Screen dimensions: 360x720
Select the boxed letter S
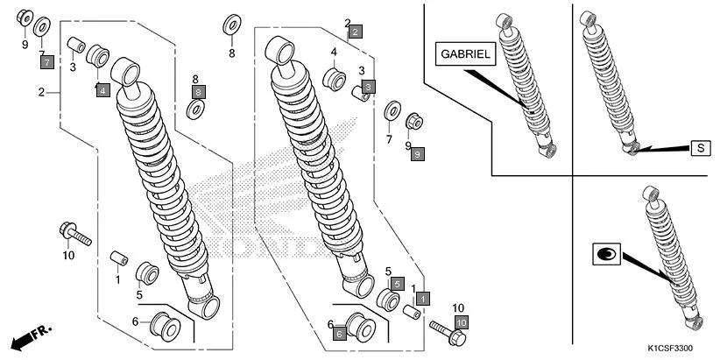(701, 147)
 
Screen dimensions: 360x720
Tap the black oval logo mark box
(605, 254)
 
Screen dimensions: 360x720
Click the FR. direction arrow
(31, 336)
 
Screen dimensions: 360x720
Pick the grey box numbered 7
(46, 61)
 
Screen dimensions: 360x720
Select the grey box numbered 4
(102, 89)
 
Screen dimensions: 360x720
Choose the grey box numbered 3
(368, 86)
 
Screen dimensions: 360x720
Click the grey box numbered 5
(396, 285)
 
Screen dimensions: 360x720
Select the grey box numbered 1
(422, 299)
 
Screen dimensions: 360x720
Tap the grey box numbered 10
(462, 322)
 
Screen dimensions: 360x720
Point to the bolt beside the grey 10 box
(443, 330)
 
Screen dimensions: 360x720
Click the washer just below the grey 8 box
(197, 109)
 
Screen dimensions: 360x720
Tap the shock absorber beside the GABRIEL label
(526, 83)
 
